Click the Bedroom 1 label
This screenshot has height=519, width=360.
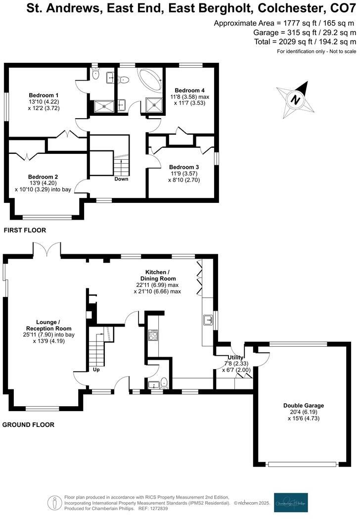pos(44,95)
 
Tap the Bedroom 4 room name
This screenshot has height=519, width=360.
pos(190,90)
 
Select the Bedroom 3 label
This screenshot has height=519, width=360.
pos(183,167)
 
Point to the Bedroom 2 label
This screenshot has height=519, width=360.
pos(43,177)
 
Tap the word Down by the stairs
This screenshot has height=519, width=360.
pos(121,179)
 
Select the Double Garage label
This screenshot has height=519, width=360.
pos(293,405)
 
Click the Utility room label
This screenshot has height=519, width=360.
pos(235,357)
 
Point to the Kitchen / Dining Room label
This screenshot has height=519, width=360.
pos(157,275)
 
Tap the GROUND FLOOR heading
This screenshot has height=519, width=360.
pos(29,425)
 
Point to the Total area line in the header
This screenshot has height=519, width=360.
pos(305,42)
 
